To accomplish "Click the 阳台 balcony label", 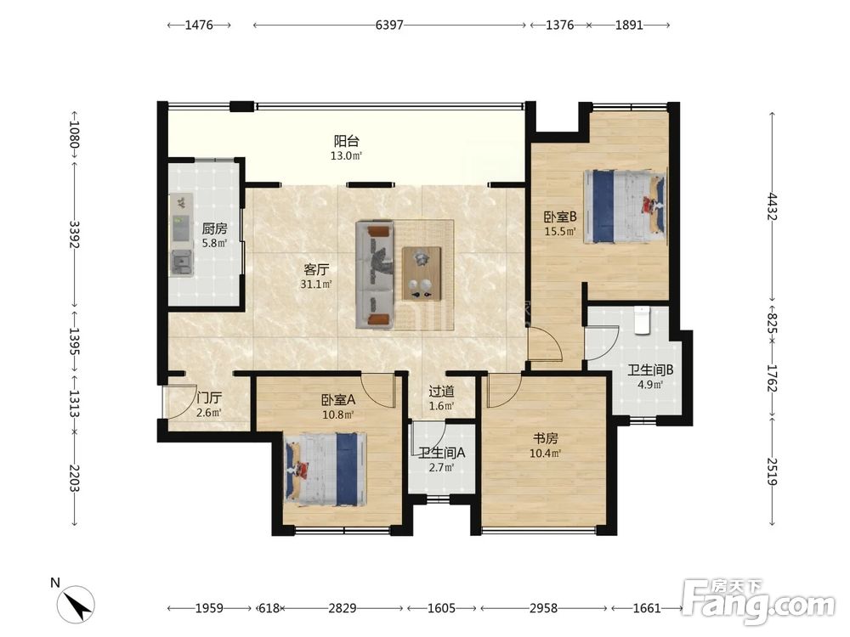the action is coord(347,141).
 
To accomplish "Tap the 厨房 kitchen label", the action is coord(214,228).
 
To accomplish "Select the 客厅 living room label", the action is coord(316,269).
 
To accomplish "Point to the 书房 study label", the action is coord(545,438).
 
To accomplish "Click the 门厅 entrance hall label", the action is coord(209,397).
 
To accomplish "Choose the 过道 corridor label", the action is coord(441,391).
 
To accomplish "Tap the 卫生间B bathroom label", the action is coord(650,370).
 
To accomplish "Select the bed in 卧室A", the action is coord(326,469).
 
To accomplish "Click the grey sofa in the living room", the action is coord(374,274).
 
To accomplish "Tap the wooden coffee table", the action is coord(422,273).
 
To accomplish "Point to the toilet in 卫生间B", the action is coord(642,319).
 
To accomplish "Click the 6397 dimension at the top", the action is coord(389,25).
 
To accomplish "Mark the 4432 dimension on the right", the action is coord(773,206).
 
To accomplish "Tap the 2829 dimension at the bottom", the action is coord(342,608).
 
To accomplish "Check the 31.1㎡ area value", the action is coord(316,284).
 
